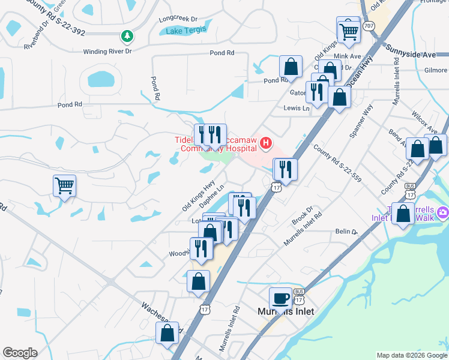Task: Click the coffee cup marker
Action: pyautogui.click(x=281, y=297)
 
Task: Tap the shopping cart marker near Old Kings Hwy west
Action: pyautogui.click(x=64, y=185)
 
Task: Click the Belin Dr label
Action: pyautogui.click(x=347, y=231)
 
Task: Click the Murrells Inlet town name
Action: pyautogui.click(x=286, y=311)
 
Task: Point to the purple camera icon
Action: pyautogui.click(x=443, y=212)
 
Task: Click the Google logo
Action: pyautogui.click(x=20, y=353)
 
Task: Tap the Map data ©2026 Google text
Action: pyautogui.click(x=411, y=355)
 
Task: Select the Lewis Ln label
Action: pyautogui.click(x=297, y=109)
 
